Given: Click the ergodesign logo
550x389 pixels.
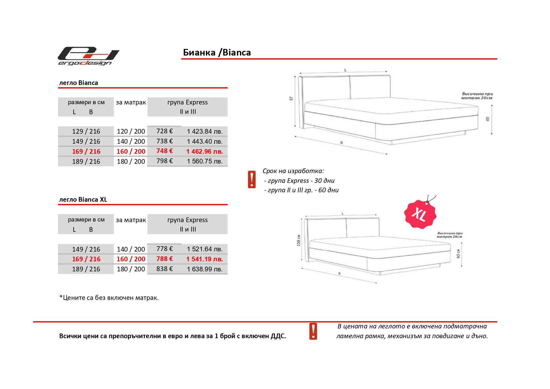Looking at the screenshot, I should pyautogui.click(x=88, y=56).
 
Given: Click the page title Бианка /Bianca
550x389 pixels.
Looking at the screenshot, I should pyautogui.click(x=217, y=52).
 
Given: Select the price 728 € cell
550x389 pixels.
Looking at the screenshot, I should pyautogui.click(x=165, y=131).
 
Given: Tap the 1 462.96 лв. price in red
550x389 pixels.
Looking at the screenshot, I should pyautogui.click(x=204, y=152).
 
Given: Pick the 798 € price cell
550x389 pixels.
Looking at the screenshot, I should pyautogui.click(x=165, y=161).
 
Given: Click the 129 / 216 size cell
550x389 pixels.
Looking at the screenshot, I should pyautogui.click(x=86, y=131).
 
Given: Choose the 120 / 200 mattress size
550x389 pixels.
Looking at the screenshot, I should pyautogui.click(x=131, y=131).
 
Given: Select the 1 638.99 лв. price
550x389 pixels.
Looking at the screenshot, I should pyautogui.click(x=204, y=269).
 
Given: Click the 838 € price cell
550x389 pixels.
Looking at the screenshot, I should pyautogui.click(x=165, y=269).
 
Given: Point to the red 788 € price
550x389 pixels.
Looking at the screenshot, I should pyautogui.click(x=165, y=259).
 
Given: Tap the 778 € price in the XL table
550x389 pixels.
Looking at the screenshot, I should pyautogui.click(x=165, y=249).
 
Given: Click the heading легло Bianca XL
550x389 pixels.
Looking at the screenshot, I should pyautogui.click(x=83, y=200).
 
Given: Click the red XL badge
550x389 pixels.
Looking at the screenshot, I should pyautogui.click(x=420, y=214).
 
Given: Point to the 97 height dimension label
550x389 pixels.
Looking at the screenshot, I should pyautogui.click(x=291, y=99).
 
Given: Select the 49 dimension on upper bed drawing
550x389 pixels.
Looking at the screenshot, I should pyautogui.click(x=487, y=119).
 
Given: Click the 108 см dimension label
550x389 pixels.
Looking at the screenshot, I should pyautogui.click(x=299, y=240).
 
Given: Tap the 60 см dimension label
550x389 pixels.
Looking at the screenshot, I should pyautogui.click(x=458, y=253).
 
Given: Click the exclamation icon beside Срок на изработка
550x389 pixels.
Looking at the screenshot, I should pyautogui.click(x=252, y=179).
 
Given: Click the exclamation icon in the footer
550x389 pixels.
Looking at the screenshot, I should pyautogui.click(x=313, y=331).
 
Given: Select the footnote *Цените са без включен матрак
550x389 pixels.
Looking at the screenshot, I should pyautogui.click(x=109, y=298).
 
